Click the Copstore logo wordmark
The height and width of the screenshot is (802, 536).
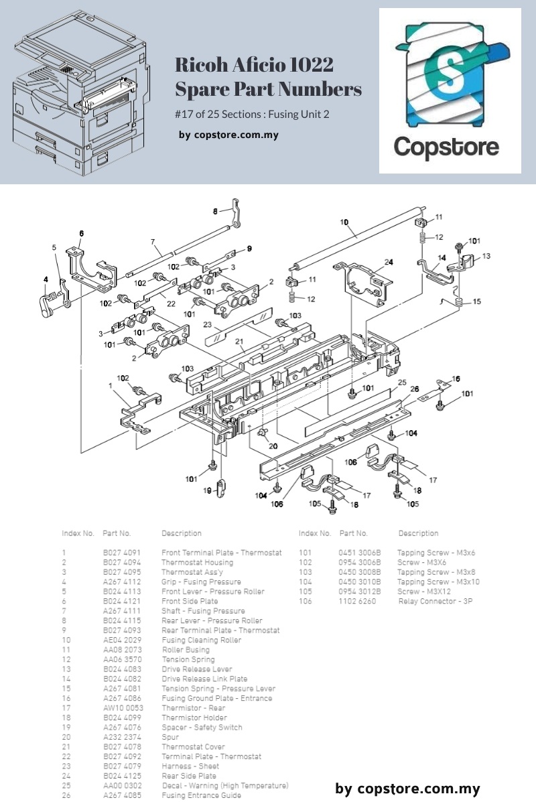(x=446, y=146)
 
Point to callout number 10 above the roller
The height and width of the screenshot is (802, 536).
(x=344, y=222)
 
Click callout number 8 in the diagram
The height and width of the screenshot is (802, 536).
(x=216, y=211)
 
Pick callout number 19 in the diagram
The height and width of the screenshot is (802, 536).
(x=208, y=491)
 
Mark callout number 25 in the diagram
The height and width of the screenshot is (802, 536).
(x=402, y=383)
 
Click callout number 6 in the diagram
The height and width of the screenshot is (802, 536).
(x=81, y=233)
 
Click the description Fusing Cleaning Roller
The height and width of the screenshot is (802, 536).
(x=202, y=640)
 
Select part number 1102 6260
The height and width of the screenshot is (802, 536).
(x=358, y=601)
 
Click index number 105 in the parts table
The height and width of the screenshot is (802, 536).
(x=306, y=592)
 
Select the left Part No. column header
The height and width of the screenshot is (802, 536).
(x=117, y=533)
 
